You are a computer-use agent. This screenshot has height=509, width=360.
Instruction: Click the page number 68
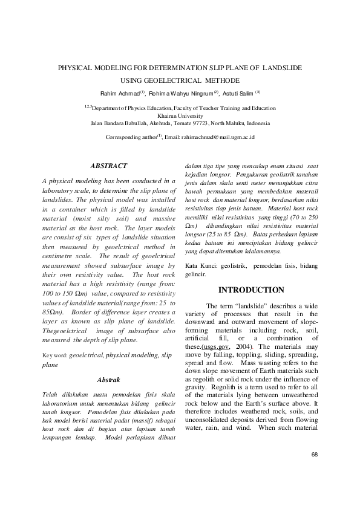(314, 454)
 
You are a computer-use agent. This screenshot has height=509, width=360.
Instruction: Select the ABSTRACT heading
(108, 165)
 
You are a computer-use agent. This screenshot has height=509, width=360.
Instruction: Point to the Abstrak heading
(109, 380)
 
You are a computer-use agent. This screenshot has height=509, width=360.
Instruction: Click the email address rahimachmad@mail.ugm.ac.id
(217, 137)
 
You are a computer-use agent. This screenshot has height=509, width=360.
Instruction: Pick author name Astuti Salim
(239, 93)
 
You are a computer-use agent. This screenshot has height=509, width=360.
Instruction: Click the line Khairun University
(180, 115)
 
